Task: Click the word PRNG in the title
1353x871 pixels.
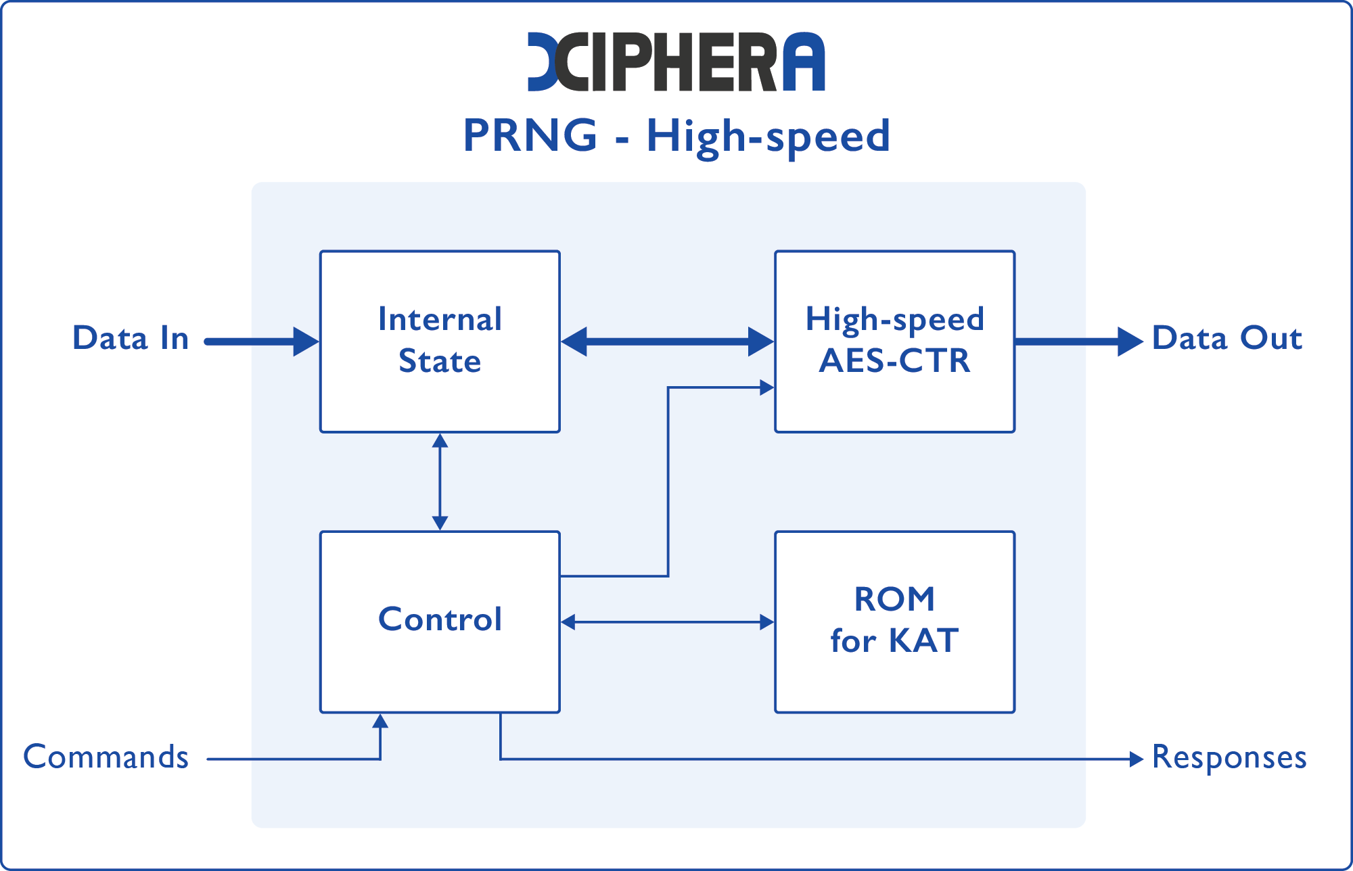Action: pyautogui.click(x=530, y=135)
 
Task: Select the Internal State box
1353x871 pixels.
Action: pyautogui.click(x=440, y=342)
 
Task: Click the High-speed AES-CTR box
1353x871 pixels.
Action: pyautogui.click(x=894, y=342)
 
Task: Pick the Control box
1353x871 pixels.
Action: pyautogui.click(x=440, y=621)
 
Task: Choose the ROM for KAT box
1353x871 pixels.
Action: pyautogui.click(x=894, y=621)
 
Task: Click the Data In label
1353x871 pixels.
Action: pyautogui.click(x=131, y=338)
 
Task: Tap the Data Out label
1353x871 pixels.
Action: pyautogui.click(x=1226, y=338)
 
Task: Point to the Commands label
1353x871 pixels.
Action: pyautogui.click(x=106, y=757)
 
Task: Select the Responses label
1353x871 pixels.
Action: pyautogui.click(x=1229, y=757)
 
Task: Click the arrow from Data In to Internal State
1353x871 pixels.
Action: pyautogui.click(x=260, y=342)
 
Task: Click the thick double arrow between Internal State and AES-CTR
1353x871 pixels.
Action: pyautogui.click(x=667, y=342)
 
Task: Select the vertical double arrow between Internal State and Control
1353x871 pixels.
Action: pyautogui.click(x=440, y=481)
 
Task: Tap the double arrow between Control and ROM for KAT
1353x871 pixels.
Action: pyautogui.click(x=667, y=622)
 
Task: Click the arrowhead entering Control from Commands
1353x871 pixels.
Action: pyautogui.click(x=380, y=721)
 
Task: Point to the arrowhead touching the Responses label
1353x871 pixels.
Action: pyautogui.click(x=1137, y=759)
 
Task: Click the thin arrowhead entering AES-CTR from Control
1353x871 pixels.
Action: pyautogui.click(x=766, y=387)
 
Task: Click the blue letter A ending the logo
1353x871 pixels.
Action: pyautogui.click(x=804, y=62)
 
